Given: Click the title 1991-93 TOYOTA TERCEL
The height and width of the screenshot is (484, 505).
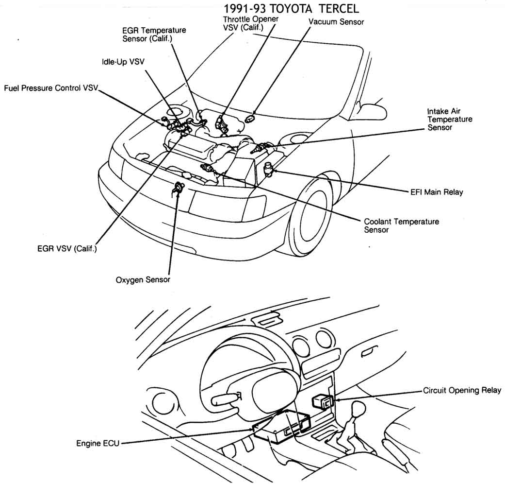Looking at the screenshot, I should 292,9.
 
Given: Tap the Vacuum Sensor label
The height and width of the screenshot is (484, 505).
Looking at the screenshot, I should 336,22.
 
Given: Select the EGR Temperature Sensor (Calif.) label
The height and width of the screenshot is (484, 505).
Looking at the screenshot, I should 154,34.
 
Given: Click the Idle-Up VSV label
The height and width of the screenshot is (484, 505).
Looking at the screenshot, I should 123,62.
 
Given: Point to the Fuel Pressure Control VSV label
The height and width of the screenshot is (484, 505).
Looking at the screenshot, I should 51,88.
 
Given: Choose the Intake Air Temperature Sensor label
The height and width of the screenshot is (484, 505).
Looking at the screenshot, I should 449,119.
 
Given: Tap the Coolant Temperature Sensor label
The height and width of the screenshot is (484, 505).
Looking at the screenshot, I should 401,225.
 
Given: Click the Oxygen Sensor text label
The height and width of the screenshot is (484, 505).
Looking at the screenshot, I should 143,280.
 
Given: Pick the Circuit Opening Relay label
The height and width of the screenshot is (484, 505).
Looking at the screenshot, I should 462,390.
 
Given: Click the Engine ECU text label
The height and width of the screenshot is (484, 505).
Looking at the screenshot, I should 98,443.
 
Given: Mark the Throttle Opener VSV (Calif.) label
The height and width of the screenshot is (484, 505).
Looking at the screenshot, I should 250,23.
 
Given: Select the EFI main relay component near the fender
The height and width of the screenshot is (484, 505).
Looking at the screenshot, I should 268,168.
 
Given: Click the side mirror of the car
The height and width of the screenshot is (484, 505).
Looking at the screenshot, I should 373,111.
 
